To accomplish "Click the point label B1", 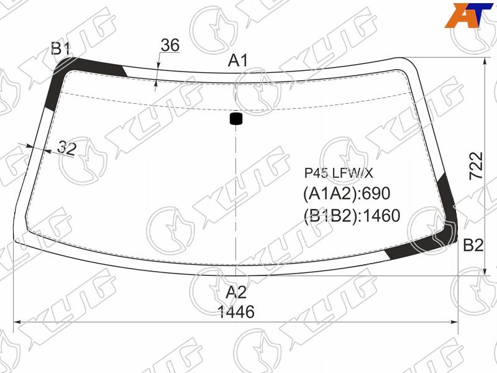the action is [60, 49].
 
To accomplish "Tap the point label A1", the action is [238, 60].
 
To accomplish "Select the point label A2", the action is [236, 292].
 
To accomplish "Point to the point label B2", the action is [473, 245].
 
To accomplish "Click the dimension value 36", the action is [170, 45].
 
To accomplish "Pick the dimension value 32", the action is [67, 148].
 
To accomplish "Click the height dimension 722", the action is [476, 165].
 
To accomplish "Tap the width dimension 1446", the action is [237, 312].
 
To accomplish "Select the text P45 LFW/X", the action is [339, 173].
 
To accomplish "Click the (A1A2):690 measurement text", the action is [347, 193].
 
